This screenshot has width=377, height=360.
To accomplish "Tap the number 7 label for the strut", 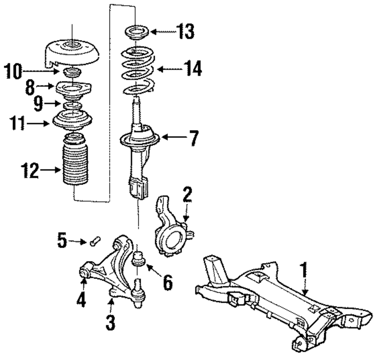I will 193,139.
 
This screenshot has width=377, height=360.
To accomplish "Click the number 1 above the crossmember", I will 303,270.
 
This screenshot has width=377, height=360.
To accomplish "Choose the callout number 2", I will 187,195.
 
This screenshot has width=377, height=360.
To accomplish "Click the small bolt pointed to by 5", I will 94,240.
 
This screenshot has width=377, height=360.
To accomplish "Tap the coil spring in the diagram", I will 138,70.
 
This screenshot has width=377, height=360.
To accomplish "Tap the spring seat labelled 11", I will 72,120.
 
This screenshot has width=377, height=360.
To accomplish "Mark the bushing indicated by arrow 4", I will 85,271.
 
